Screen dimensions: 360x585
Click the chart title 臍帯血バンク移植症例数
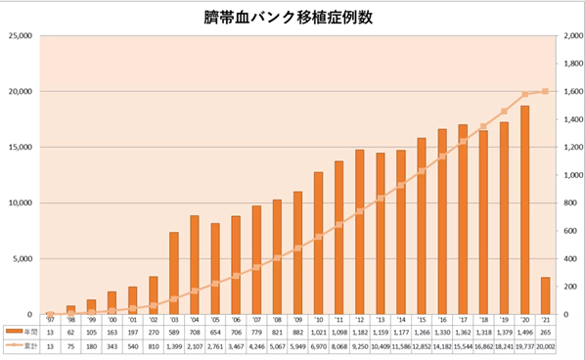click(292, 18)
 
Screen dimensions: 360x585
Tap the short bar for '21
click(546, 295)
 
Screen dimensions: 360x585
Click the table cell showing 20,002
click(546, 346)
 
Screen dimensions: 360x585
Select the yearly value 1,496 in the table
click(525, 333)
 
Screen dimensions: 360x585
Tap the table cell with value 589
click(174, 333)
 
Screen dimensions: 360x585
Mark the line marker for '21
click(546, 92)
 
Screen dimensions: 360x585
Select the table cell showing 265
click(546, 333)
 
